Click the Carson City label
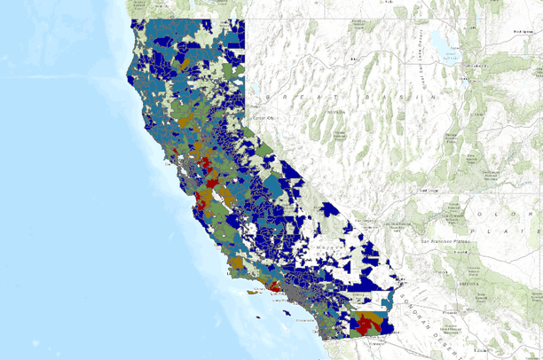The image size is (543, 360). pyautogui.click(x=261, y=118)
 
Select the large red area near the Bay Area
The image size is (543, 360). pyautogui.click(x=205, y=165)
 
